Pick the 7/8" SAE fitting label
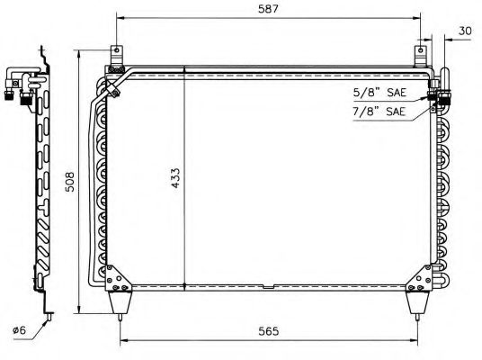pos(379,112)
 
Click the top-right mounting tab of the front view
pos(420,56)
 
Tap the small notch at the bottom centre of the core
pos(269,287)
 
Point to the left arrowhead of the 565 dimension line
pos(123,341)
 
